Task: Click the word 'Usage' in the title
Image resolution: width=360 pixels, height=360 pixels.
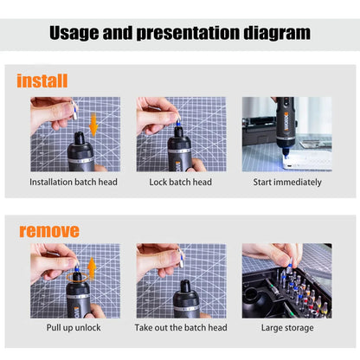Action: [74, 33]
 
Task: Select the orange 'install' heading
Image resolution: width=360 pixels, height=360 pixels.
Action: [42, 80]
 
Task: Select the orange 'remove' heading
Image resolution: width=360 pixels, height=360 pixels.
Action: [49, 231]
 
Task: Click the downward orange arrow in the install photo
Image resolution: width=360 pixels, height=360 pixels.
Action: [93, 125]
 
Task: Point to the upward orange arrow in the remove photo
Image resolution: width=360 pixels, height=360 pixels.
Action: [92, 268]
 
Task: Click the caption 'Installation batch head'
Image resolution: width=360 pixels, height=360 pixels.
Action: [74, 183]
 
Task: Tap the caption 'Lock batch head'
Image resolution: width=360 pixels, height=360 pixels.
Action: [180, 183]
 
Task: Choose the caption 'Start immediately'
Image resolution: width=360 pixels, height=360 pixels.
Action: [287, 183]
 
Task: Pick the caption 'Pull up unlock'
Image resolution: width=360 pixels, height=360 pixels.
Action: [74, 328]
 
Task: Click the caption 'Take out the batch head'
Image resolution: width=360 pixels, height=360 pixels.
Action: [181, 328]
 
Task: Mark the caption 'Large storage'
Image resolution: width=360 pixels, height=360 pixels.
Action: [287, 328]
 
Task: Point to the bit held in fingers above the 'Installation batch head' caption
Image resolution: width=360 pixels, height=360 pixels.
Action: [74, 110]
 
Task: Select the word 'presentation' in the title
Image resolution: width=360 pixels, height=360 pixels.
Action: [188, 33]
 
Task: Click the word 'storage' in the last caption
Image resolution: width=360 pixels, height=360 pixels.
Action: [299, 328]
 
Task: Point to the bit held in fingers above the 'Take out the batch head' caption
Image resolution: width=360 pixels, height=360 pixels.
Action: [181, 258]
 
